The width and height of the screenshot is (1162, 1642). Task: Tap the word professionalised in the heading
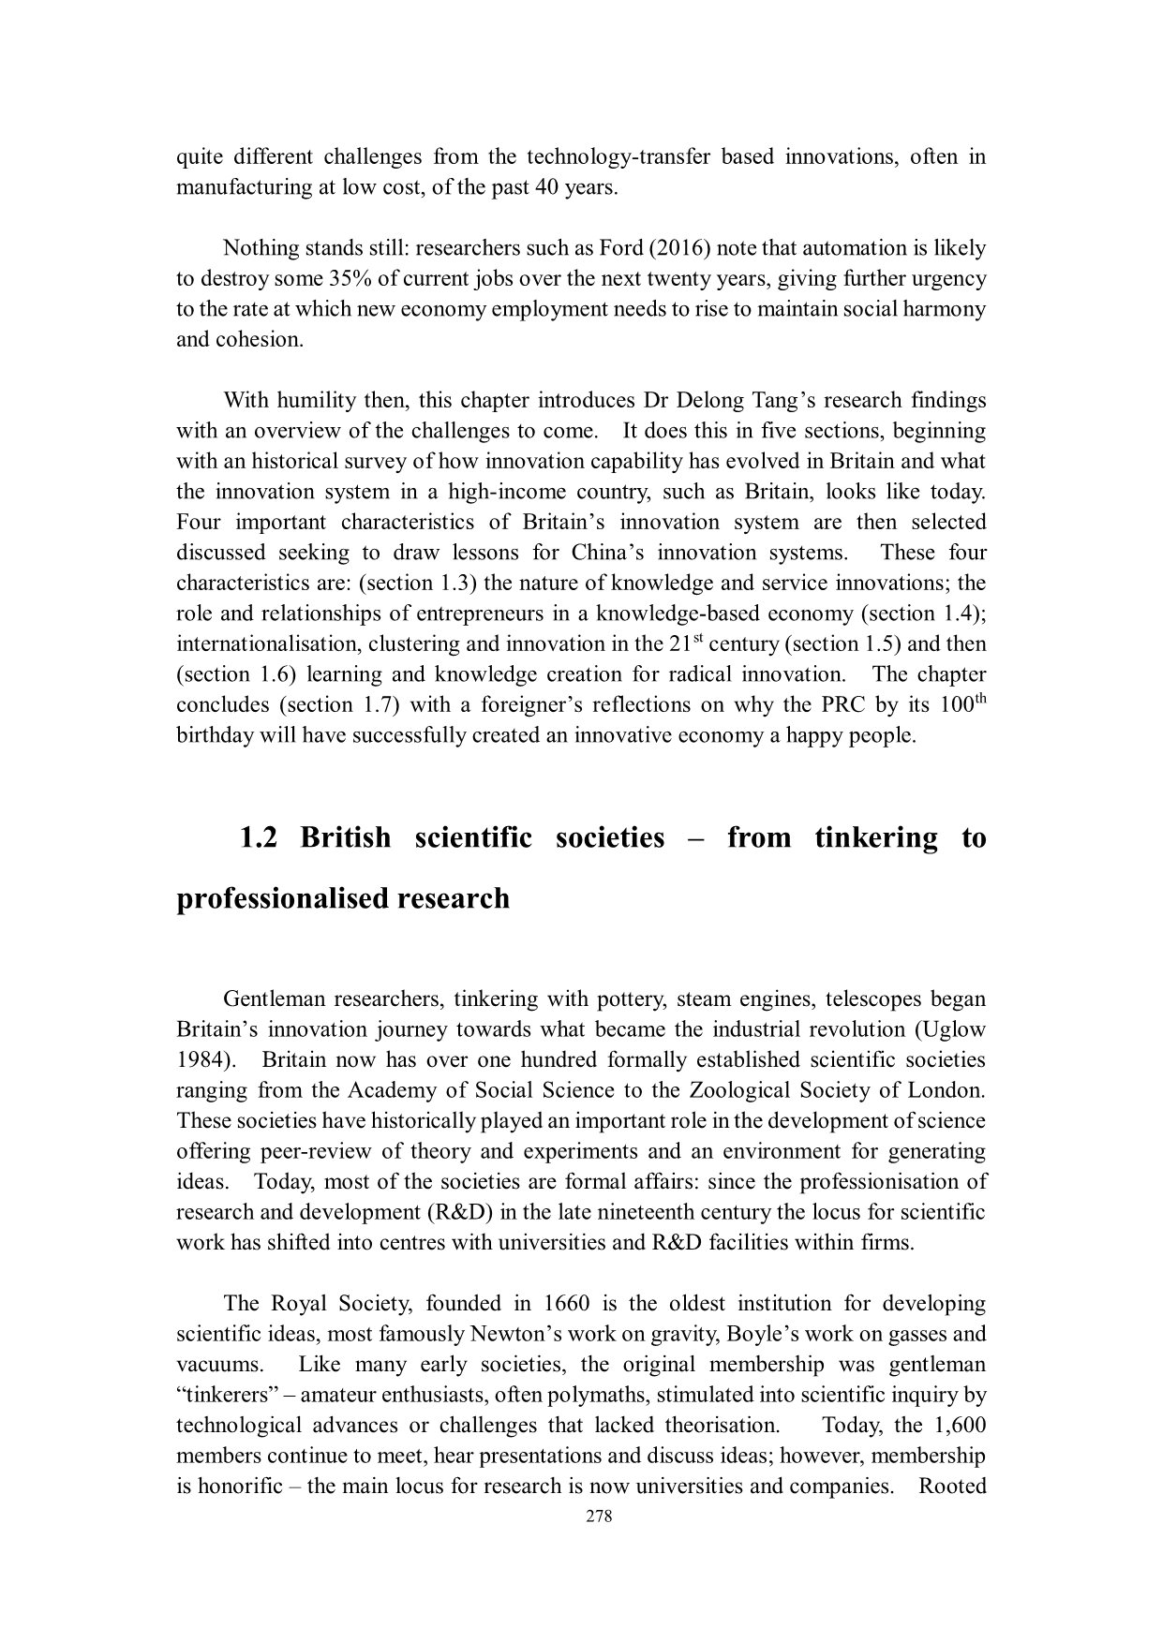point(277,898)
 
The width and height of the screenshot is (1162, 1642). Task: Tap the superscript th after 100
point(977,699)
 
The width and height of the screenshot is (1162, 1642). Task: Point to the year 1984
point(201,1060)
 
